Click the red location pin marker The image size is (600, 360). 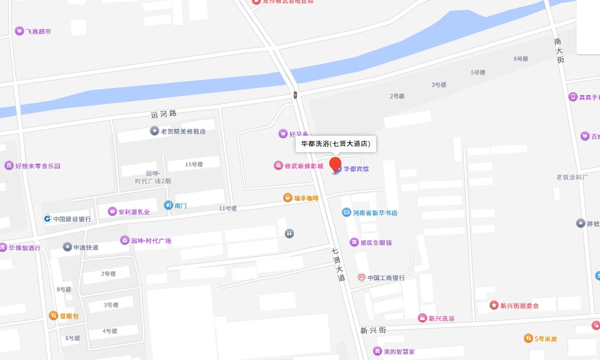click(x=335, y=165)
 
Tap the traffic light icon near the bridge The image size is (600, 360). click(x=295, y=95)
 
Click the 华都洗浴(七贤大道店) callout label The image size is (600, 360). click(x=336, y=144)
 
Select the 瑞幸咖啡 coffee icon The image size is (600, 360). click(x=287, y=198)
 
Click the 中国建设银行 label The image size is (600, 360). click(x=72, y=219)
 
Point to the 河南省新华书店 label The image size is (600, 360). click(x=375, y=213)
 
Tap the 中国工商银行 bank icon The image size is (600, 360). click(x=361, y=277)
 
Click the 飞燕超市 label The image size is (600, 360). click(x=38, y=31)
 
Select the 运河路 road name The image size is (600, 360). click(x=164, y=114)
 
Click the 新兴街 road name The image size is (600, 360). click(x=373, y=330)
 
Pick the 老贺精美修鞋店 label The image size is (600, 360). click(x=183, y=131)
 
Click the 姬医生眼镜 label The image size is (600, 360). click(x=376, y=242)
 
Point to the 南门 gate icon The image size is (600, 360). click(x=168, y=205)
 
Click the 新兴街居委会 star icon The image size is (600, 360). click(x=494, y=305)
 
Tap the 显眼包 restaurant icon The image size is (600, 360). click(x=54, y=316)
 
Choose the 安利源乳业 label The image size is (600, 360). click(x=134, y=212)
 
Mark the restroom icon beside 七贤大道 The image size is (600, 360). click(x=289, y=233)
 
